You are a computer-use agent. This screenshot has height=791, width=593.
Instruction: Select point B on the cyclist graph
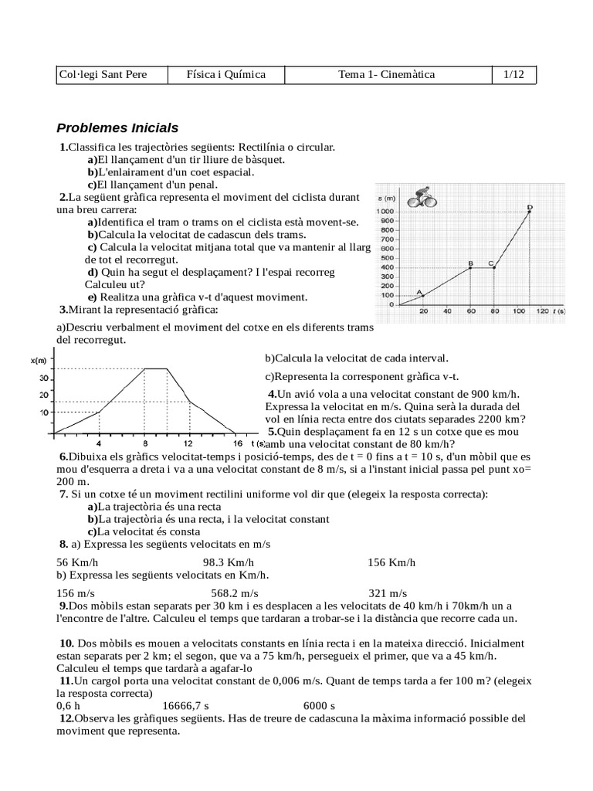(x=469, y=267)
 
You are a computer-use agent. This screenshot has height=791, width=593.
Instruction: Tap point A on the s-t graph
(x=422, y=295)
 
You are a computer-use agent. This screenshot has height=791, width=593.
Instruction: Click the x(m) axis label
(x=39, y=361)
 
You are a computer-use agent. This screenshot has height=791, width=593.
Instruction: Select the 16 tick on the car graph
(x=237, y=443)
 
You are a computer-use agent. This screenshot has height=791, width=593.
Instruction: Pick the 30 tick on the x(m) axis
(x=44, y=379)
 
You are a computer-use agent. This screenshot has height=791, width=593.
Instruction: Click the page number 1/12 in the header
(x=513, y=75)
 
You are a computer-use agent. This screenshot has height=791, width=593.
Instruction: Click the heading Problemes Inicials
(x=117, y=127)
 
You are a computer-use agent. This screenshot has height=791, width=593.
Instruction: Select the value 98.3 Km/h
(x=228, y=562)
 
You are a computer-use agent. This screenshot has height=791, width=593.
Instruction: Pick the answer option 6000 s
(x=319, y=705)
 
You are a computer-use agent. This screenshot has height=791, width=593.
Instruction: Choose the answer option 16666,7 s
(x=185, y=705)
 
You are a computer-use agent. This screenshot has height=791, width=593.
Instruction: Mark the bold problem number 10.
(x=66, y=643)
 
